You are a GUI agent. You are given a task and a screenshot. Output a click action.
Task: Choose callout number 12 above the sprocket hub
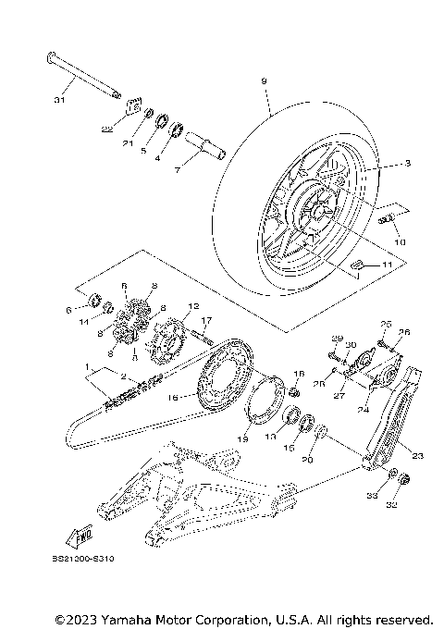(x=193, y=305)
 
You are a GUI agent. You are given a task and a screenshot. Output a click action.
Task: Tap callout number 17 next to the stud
(x=209, y=320)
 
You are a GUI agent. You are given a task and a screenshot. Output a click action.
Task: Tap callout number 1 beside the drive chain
(x=88, y=367)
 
